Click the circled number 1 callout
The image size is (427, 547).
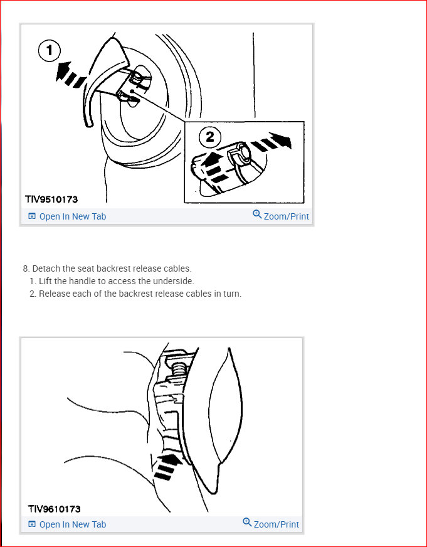pyautogui.click(x=50, y=50)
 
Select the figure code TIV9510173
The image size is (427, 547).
pyautogui.click(x=51, y=199)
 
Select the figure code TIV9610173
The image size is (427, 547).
pyautogui.click(x=54, y=509)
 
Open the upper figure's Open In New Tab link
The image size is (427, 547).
pyautogui.click(x=73, y=216)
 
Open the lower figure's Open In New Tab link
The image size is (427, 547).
pyautogui.click(x=73, y=524)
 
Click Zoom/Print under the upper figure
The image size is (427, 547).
pyautogui.click(x=286, y=216)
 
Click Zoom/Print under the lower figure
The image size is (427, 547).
pyautogui.click(x=276, y=524)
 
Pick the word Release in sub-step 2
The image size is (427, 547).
pyautogui.click(x=55, y=294)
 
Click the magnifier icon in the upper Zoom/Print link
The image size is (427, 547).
pyautogui.click(x=257, y=215)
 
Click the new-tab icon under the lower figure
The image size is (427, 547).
pyautogui.click(x=32, y=524)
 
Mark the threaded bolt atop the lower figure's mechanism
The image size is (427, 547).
pyautogui.click(x=176, y=366)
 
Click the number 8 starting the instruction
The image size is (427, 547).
pyautogui.click(x=26, y=268)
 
